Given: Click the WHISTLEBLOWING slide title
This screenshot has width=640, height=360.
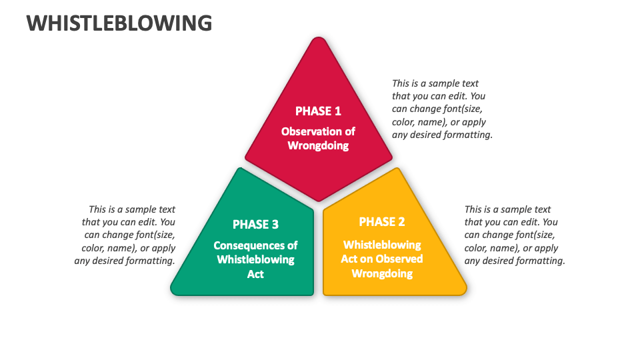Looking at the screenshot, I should click(119, 23).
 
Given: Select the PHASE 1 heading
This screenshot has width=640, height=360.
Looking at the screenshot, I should click(318, 111).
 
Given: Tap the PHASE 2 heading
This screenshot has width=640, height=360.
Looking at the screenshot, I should click(382, 221).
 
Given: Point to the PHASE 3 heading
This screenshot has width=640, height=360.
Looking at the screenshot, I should click(255, 224).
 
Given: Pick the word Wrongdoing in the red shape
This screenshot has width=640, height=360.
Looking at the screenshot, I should click(318, 145).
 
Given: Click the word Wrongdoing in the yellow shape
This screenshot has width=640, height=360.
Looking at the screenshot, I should click(382, 273).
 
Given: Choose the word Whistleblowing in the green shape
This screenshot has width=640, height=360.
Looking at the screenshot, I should click(255, 259).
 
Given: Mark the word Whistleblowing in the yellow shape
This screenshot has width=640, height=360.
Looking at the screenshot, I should click(382, 245).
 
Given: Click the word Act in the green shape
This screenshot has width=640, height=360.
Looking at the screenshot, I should click(255, 274).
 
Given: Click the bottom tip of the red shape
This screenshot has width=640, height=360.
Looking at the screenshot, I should click(319, 199).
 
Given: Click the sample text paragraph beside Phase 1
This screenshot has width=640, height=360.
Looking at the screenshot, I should click(442, 109).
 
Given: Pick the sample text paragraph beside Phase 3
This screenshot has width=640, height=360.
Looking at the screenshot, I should click(126, 235).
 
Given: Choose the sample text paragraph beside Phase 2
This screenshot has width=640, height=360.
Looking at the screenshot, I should click(514, 235).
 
